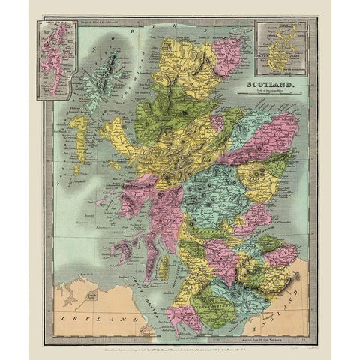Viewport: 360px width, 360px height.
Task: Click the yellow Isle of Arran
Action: tap(159, 259)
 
